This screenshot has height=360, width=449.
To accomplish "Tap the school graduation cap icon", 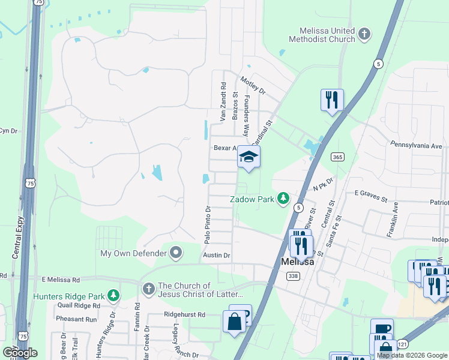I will tap(249, 157).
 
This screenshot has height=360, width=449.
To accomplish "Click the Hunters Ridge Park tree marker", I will tap(113, 295).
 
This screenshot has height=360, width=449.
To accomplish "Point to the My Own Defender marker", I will tap(176, 253).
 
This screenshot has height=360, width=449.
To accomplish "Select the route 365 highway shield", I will tap(337, 157).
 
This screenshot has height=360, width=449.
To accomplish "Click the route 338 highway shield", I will tap(292, 275).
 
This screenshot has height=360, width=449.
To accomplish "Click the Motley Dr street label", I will tap(252, 85).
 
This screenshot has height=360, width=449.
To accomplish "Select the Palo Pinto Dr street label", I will tap(207, 225).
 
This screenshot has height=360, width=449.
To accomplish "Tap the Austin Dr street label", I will tap(217, 255).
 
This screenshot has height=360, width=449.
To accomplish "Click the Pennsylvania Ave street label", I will tap(416, 145).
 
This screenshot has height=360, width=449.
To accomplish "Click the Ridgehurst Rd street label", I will tap(184, 314).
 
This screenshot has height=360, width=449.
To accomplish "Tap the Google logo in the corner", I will tap(20, 352).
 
